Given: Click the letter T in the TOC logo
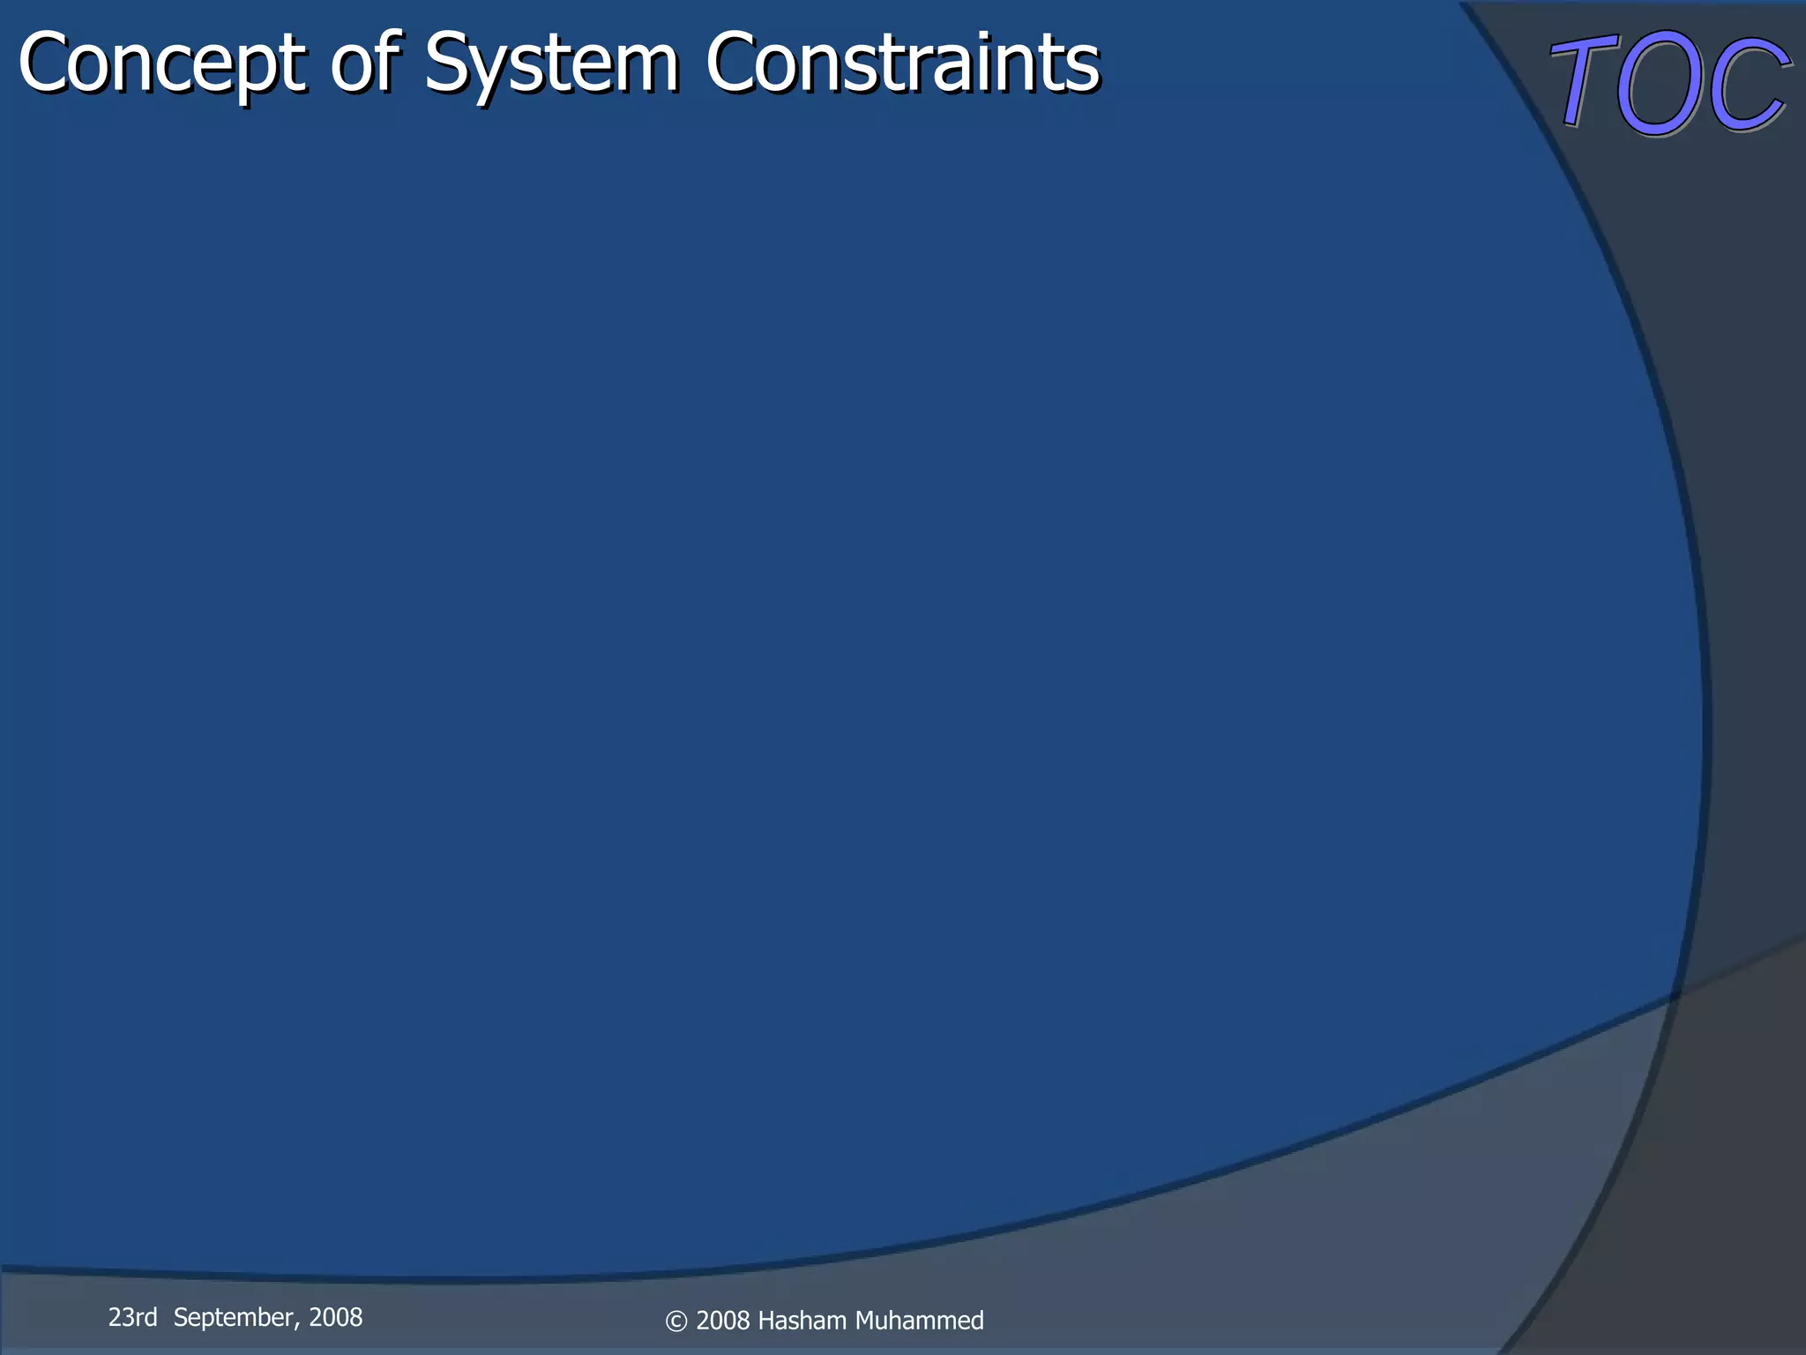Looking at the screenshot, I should tap(1584, 84).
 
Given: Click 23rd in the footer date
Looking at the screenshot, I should tap(132, 1317).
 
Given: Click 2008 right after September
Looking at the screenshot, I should tap(335, 1317).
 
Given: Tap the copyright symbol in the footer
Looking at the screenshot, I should tap(676, 1321).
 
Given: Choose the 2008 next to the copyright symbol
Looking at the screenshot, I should tap(723, 1321).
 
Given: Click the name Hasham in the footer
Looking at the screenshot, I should tap(802, 1321).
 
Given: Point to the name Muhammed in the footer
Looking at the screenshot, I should tap(919, 1321).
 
